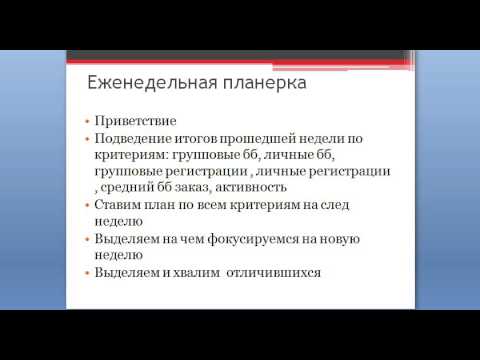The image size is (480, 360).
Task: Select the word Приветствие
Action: tap(135, 119)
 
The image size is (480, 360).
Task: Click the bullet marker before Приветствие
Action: tap(87, 119)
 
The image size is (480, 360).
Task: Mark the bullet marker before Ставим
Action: tap(87, 204)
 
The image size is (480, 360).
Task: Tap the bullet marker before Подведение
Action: tap(87, 136)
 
